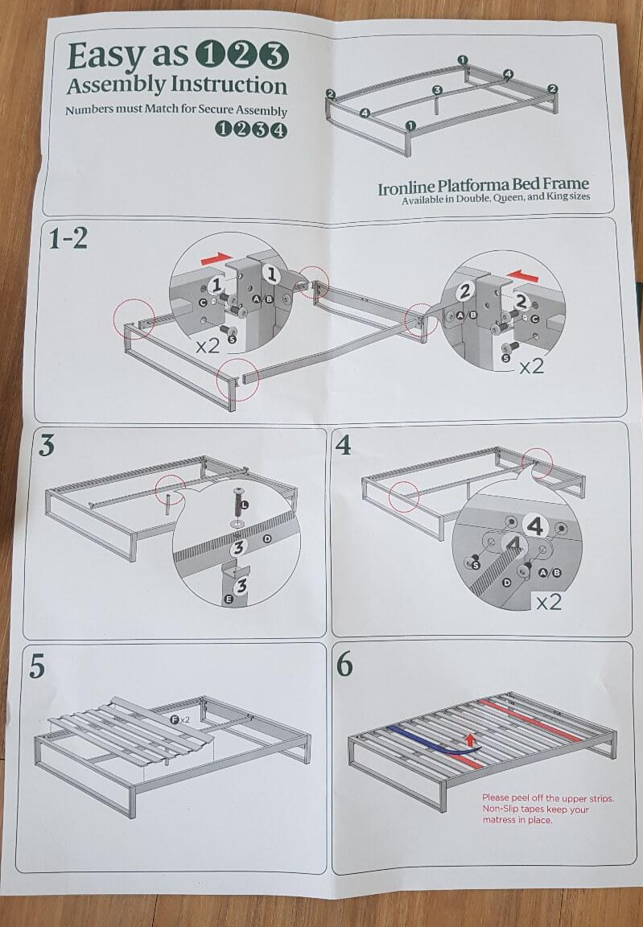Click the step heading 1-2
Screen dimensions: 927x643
click(68, 239)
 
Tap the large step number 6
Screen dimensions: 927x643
click(344, 665)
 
